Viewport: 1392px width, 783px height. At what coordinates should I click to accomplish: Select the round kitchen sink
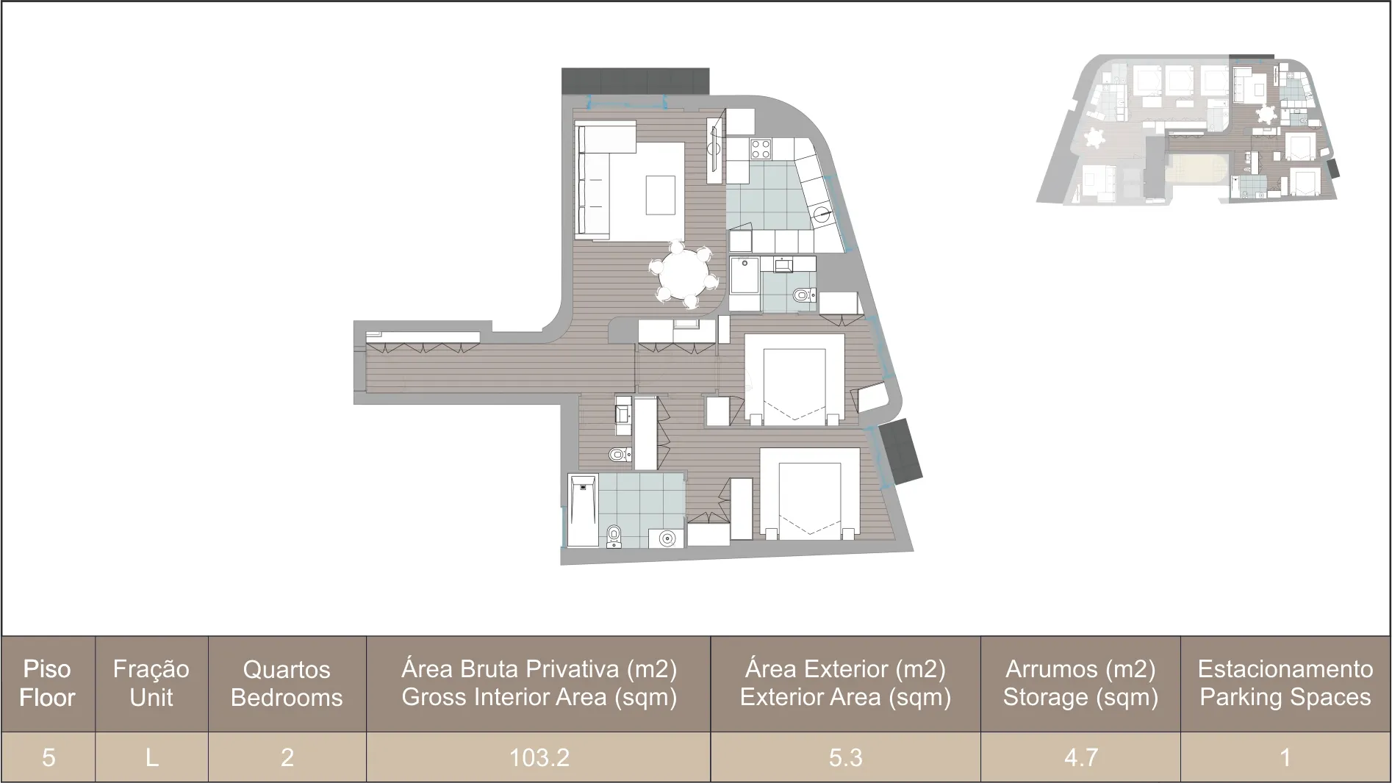tap(823, 215)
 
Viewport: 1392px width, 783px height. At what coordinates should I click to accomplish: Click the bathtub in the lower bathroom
tap(583, 510)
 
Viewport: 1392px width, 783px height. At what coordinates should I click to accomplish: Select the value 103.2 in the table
tap(539, 757)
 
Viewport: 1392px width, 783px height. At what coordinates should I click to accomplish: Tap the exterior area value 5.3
tap(845, 757)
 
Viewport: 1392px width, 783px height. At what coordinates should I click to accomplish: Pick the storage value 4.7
tap(1080, 757)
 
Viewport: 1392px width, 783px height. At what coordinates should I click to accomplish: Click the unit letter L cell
tap(151, 757)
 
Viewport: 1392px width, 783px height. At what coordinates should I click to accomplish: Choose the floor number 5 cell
tap(49, 757)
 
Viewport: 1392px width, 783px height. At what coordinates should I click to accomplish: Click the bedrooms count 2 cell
tap(287, 757)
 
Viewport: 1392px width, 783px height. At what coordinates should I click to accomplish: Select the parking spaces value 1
tap(1285, 757)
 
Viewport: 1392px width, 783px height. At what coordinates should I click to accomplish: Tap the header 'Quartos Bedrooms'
tap(287, 683)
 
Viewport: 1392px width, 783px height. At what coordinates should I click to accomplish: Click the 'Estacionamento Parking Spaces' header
tap(1285, 683)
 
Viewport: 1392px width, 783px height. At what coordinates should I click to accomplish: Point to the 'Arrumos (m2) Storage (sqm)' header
tap(1080, 683)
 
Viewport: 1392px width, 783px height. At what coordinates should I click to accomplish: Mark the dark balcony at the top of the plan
tap(635, 81)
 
